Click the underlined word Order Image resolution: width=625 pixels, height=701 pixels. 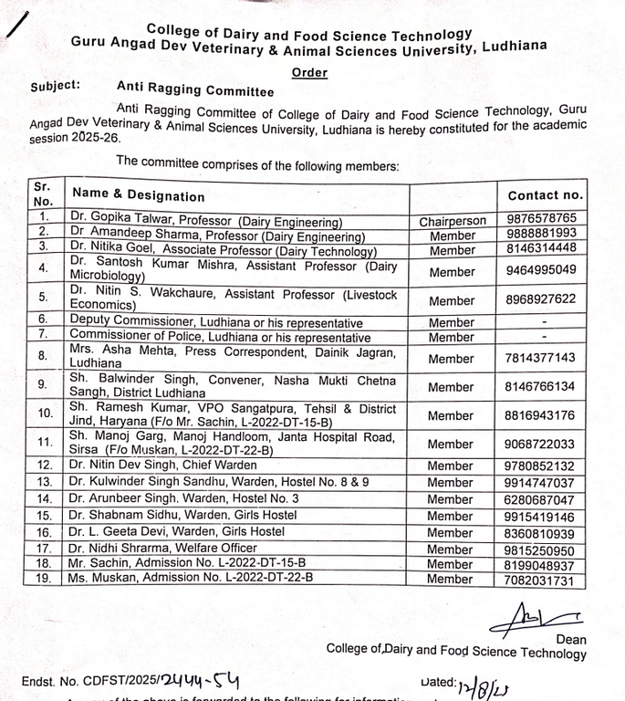coord(310,73)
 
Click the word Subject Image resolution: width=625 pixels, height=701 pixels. coord(55,86)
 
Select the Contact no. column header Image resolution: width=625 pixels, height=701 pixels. coord(545,194)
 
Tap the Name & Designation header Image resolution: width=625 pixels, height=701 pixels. coord(139,194)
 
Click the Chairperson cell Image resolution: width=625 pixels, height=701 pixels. coord(453,221)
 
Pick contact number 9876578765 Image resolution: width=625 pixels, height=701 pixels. coord(542,219)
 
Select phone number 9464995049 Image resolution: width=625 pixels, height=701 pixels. coord(542,270)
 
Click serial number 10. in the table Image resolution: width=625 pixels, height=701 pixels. coord(45,413)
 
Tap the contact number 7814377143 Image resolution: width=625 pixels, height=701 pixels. coord(542,358)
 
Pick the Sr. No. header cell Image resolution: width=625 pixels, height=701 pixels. coord(43,193)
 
